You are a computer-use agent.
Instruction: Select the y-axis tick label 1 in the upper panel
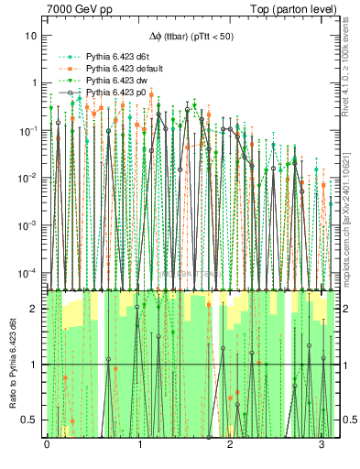tap(35, 82)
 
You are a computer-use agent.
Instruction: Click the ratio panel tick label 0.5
tap(30, 420)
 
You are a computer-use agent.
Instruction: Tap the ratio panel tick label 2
tap(35, 309)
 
